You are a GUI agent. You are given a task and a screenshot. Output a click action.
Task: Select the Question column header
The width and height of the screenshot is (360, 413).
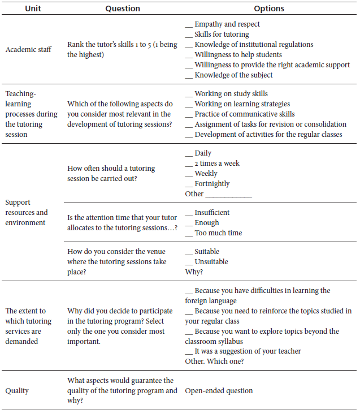(x=123, y=8)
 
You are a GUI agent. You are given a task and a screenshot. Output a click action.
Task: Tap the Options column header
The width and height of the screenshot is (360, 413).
(x=269, y=8)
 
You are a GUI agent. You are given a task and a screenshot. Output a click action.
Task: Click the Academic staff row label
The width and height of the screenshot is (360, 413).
(x=28, y=50)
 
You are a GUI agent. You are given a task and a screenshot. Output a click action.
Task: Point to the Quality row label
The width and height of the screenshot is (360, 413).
(x=17, y=390)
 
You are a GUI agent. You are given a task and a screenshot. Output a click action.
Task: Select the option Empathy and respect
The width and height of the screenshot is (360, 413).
(x=227, y=24)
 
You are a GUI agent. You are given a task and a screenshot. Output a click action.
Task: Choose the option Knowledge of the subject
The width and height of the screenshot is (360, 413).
(x=233, y=75)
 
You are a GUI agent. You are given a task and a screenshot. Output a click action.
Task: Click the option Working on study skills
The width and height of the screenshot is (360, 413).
(x=231, y=93)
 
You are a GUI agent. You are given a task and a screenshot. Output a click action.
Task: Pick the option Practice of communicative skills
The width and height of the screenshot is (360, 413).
(x=244, y=114)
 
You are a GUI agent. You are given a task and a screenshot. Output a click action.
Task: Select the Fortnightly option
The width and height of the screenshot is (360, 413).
(x=212, y=184)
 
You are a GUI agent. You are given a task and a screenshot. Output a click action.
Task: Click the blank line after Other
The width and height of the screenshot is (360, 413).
(x=229, y=195)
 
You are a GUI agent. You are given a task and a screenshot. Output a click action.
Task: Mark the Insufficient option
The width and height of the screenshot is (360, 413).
(x=212, y=213)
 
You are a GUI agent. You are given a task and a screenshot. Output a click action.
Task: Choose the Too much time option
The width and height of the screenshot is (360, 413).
(x=218, y=233)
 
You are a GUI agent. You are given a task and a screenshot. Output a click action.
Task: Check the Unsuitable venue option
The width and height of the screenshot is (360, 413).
(x=211, y=262)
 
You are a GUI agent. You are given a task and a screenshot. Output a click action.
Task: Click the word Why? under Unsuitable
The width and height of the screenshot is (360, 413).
(x=194, y=272)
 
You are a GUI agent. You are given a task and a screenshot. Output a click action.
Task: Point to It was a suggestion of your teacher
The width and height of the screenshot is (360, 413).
(x=248, y=351)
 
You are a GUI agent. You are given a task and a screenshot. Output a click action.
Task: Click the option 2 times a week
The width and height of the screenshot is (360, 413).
(x=217, y=164)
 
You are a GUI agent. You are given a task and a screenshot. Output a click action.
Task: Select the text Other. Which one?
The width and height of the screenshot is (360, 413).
(x=214, y=362)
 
